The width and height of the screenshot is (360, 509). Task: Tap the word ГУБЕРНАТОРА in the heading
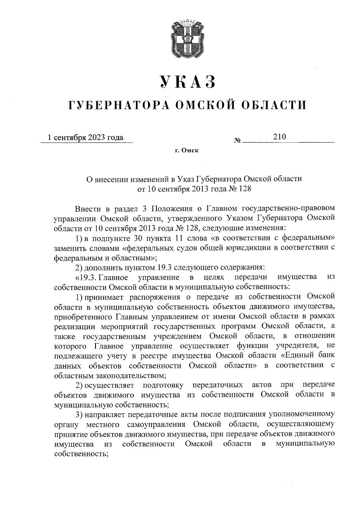117,105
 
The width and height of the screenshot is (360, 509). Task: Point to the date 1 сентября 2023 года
86,138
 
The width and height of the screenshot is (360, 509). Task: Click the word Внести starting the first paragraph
87,208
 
